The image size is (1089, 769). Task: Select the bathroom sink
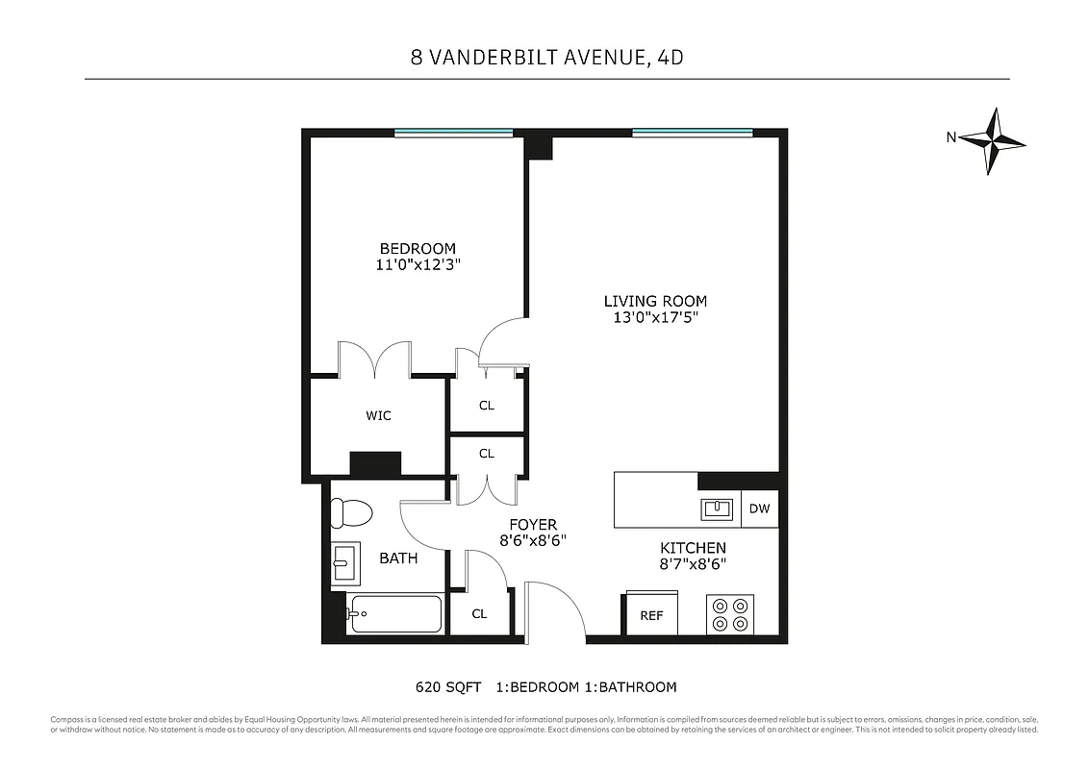(x=344, y=562)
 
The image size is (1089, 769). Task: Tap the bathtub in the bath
(x=394, y=613)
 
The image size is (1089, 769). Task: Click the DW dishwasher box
(x=760, y=509)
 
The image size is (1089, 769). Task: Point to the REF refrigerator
(x=651, y=615)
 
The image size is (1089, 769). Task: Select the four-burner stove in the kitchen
(x=730, y=614)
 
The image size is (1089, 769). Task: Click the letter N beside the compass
(x=950, y=137)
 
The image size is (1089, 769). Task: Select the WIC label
(x=378, y=416)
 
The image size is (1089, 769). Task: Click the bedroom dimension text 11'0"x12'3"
(x=417, y=265)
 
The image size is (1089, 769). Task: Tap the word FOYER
(x=533, y=524)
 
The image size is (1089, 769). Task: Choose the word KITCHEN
(x=693, y=548)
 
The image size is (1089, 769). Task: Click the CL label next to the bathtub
(x=479, y=614)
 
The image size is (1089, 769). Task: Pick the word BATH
(x=397, y=558)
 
